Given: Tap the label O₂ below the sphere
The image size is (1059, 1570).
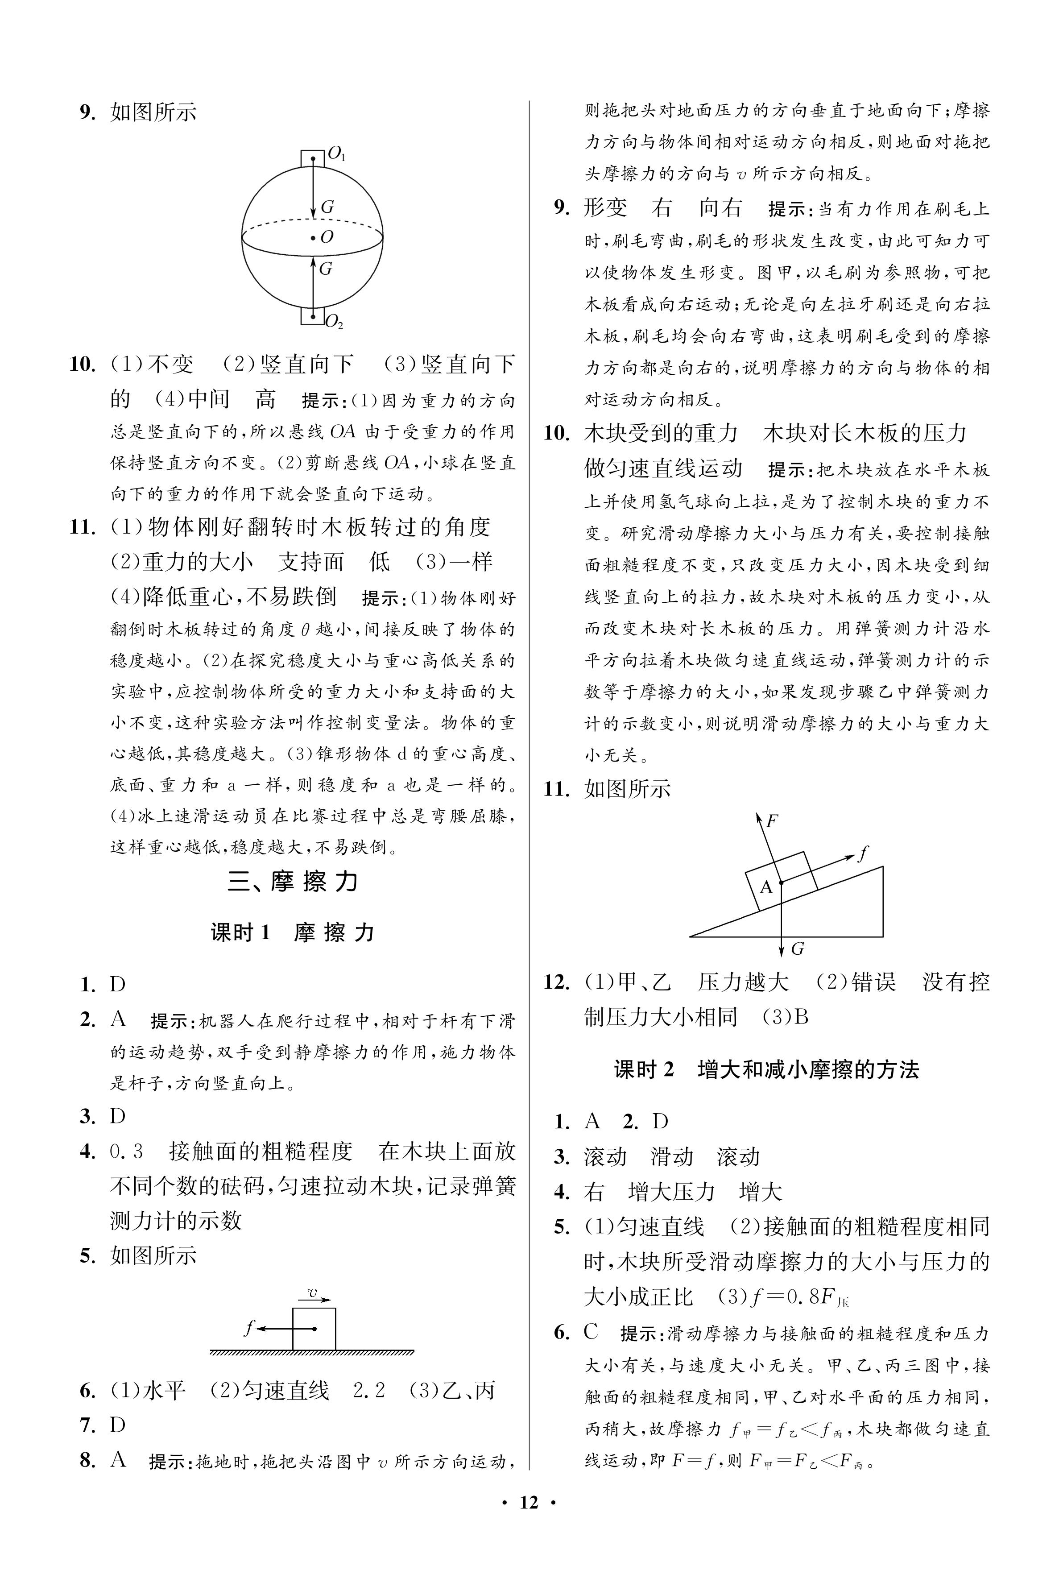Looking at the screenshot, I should point(334,323).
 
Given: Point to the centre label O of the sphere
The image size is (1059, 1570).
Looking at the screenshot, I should point(327,237).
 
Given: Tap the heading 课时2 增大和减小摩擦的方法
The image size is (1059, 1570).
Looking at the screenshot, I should point(766,1069).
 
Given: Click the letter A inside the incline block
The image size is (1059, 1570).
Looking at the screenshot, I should point(766,886).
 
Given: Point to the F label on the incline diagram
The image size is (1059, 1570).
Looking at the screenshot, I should point(772,821).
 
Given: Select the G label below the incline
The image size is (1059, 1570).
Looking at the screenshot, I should point(797,949).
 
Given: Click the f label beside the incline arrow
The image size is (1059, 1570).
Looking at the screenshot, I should point(862,853).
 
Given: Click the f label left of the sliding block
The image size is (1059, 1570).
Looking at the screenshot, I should point(248,1328).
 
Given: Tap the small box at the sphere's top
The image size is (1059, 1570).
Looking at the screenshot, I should point(313,158).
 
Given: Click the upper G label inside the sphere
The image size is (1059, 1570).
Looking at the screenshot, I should point(327,207).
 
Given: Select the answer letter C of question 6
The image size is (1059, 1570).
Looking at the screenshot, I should point(591,1332).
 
